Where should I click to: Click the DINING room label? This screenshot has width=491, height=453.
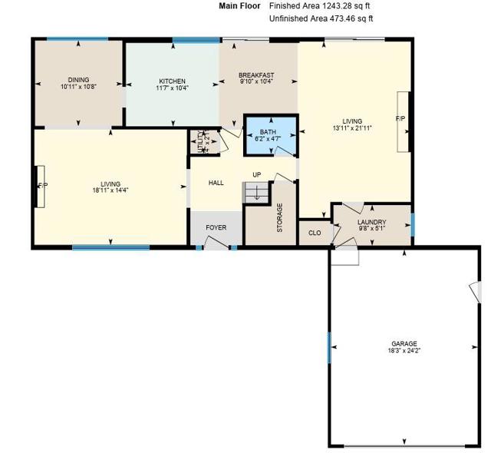(x=78, y=80)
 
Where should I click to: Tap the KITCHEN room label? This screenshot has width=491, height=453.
(x=172, y=81)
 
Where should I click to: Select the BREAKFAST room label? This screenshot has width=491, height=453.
(x=256, y=75)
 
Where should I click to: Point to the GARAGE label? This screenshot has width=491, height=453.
(x=404, y=344)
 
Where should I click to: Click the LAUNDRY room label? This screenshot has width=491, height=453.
(x=371, y=222)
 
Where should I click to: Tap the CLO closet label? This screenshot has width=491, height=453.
(x=315, y=232)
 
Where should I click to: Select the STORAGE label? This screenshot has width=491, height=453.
(x=280, y=217)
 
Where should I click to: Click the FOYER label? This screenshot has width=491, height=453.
(x=216, y=228)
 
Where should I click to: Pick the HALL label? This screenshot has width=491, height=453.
(x=216, y=183)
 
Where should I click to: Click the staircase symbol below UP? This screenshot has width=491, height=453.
(x=256, y=192)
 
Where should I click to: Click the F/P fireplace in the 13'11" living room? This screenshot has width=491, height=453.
(x=401, y=120)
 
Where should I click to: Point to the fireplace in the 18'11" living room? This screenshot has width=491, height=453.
(x=41, y=186)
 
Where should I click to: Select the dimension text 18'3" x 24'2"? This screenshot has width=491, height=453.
(x=404, y=351)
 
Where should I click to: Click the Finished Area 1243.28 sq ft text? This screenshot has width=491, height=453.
(x=321, y=5)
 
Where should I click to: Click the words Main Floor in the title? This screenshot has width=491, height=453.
(x=239, y=5)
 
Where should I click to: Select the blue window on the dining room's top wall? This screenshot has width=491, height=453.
(x=77, y=39)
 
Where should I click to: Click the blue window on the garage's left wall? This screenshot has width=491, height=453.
(x=330, y=348)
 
